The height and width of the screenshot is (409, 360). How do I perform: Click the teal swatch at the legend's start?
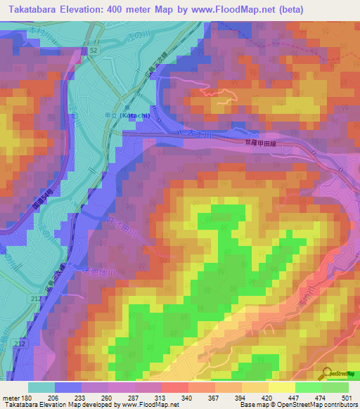(41, 387)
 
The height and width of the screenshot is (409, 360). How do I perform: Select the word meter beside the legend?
(12, 398)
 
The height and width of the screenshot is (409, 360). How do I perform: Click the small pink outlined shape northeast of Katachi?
(214, 93)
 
